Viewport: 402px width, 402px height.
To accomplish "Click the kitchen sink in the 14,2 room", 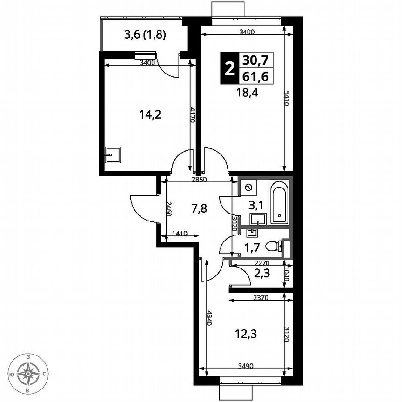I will coord(113,154).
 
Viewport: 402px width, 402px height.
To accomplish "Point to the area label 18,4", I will coord(247,92).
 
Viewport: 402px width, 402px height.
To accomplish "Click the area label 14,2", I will coord(150,114).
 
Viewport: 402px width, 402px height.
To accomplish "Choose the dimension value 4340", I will coord(208,318).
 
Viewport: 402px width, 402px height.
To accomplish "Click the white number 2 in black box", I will coord(229,69).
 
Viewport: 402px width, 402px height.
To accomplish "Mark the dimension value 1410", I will coord(180,234).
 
